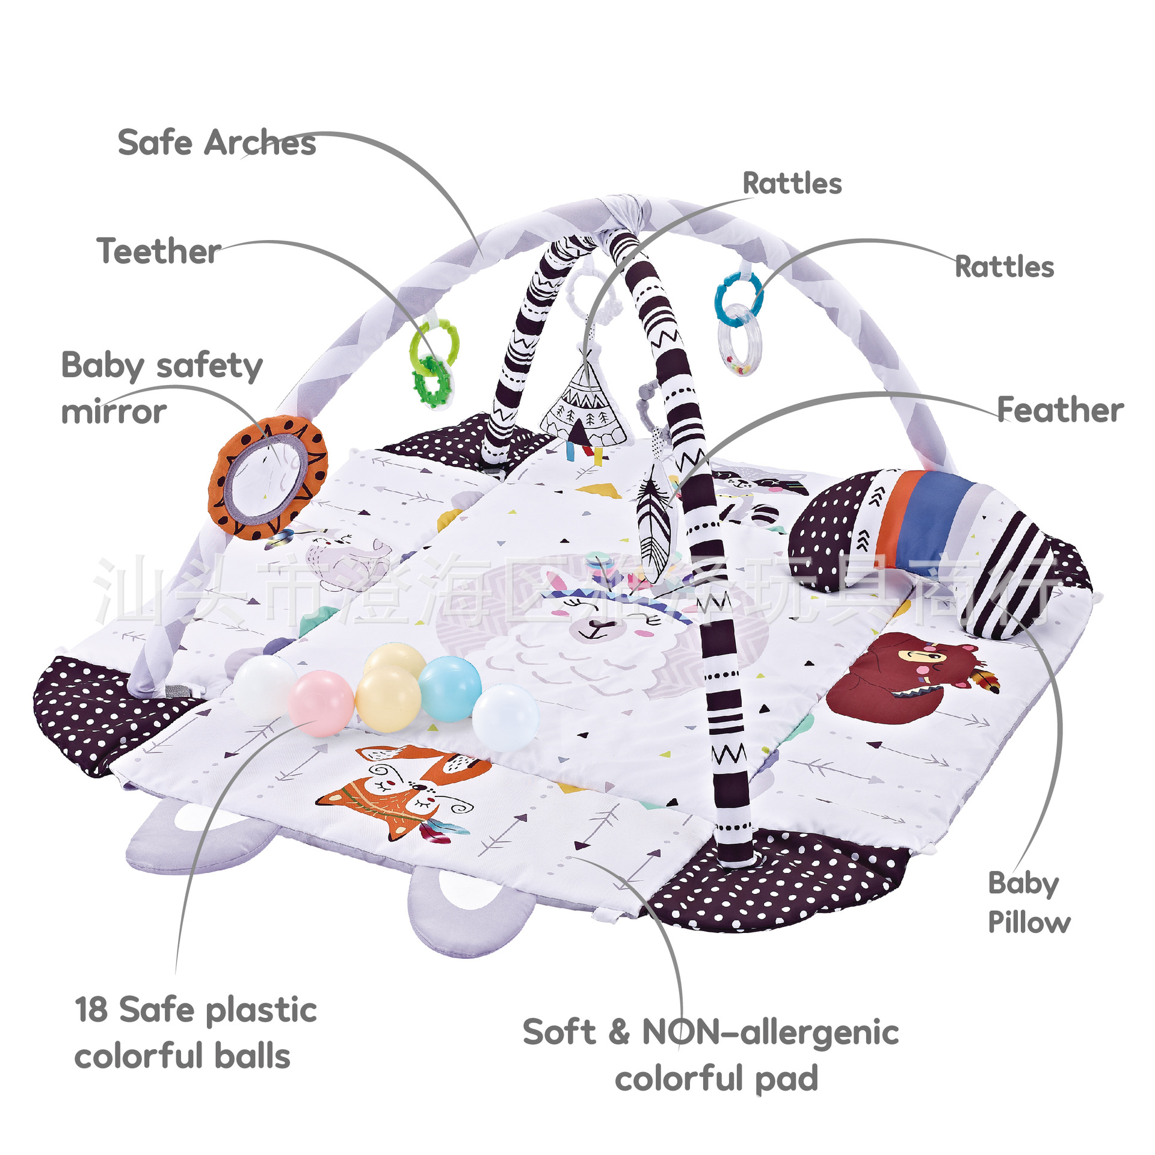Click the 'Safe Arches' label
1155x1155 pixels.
[217, 143]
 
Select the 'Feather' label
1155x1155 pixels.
[1060, 410]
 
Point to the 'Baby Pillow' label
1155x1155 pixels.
[1028, 902]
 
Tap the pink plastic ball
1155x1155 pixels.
[321, 703]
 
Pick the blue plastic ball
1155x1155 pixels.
[450, 688]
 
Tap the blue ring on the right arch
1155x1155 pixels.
[738, 293]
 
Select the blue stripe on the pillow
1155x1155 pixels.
[929, 520]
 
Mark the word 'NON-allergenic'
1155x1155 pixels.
[770, 1032]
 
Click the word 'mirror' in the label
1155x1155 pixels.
[114, 412]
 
